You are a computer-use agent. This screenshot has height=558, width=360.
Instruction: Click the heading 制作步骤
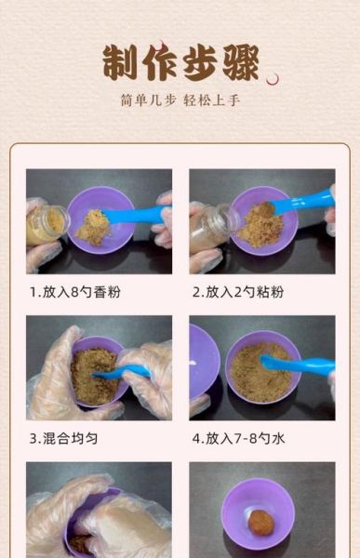click(180, 62)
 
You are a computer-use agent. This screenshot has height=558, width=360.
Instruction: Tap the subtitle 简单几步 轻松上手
click(180, 100)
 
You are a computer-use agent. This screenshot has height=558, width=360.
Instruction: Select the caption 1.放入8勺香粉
click(75, 292)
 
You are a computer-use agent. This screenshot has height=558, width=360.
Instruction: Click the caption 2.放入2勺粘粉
click(238, 292)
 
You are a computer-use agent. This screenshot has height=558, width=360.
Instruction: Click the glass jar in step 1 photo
click(46, 226)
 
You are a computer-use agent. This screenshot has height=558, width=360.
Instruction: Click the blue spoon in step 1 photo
click(140, 215)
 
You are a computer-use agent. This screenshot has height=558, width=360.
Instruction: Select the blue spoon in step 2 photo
click(302, 201)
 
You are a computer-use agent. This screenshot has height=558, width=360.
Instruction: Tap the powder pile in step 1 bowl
click(93, 227)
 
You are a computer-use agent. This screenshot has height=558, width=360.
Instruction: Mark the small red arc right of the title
click(273, 80)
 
